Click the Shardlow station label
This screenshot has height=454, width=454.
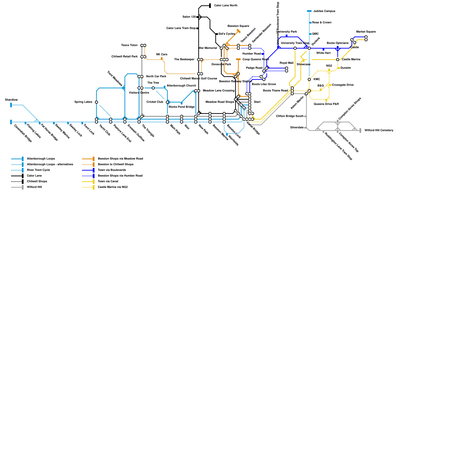pos(11,100)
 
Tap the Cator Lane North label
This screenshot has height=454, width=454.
pos(226,6)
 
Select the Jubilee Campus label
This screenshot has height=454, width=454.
pos(324,11)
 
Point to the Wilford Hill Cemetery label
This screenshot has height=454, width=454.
pos(379,131)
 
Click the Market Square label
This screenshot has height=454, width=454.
pos(366,32)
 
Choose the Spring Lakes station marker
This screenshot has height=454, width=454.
pos(96,102)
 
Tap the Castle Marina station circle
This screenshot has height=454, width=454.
pos(338,60)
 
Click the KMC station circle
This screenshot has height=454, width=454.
pos(309,79)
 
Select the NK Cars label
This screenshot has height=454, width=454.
pos(161,54)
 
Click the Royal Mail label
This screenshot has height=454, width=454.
pos(286,63)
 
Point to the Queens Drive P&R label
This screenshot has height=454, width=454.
pos(326,104)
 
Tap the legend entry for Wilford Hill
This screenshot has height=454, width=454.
pos(34,187)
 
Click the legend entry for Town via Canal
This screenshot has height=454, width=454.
pos(108,182)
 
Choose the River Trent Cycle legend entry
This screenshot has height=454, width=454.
pos(38,170)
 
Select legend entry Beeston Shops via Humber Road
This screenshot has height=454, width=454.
pos(120,176)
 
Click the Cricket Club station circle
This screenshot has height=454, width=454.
pos(167,102)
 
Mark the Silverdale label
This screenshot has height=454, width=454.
pos(297,128)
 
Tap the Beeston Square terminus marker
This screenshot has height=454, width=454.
pos(239,31)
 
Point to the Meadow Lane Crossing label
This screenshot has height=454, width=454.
pos(218,91)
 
